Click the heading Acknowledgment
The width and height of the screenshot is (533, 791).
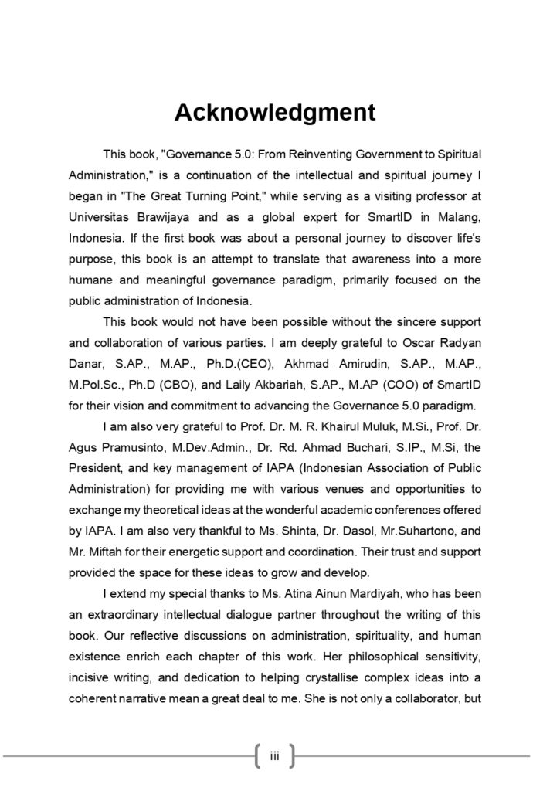click(x=275, y=112)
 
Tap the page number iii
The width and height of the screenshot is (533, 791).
click(x=274, y=755)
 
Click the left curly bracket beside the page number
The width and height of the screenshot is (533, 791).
click(x=257, y=755)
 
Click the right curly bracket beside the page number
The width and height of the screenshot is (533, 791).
click(x=291, y=755)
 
